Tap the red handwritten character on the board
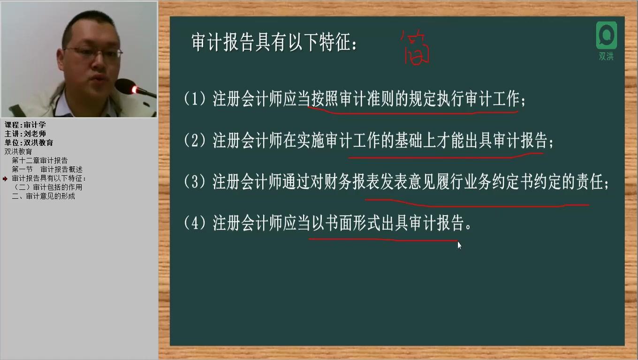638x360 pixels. pyautogui.click(x=415, y=48)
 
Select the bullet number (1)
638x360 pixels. pyautogui.click(x=195, y=99)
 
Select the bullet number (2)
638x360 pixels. pyautogui.click(x=195, y=141)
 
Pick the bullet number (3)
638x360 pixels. pyautogui.click(x=195, y=182)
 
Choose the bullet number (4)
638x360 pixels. pyautogui.click(x=195, y=223)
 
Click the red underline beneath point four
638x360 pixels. pyautogui.click(x=382, y=240)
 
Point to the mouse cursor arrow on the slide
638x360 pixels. pyautogui.click(x=459, y=245)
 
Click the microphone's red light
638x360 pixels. pyautogui.click(x=135, y=90)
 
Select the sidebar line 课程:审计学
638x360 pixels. pyautogui.click(x=25, y=125)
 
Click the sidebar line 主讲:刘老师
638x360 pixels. pyautogui.click(x=25, y=134)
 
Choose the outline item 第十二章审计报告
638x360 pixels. pyautogui.click(x=40, y=160)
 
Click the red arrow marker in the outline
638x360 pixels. pyautogui.click(x=5, y=179)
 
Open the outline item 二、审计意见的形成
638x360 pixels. pyautogui.click(x=43, y=196)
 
